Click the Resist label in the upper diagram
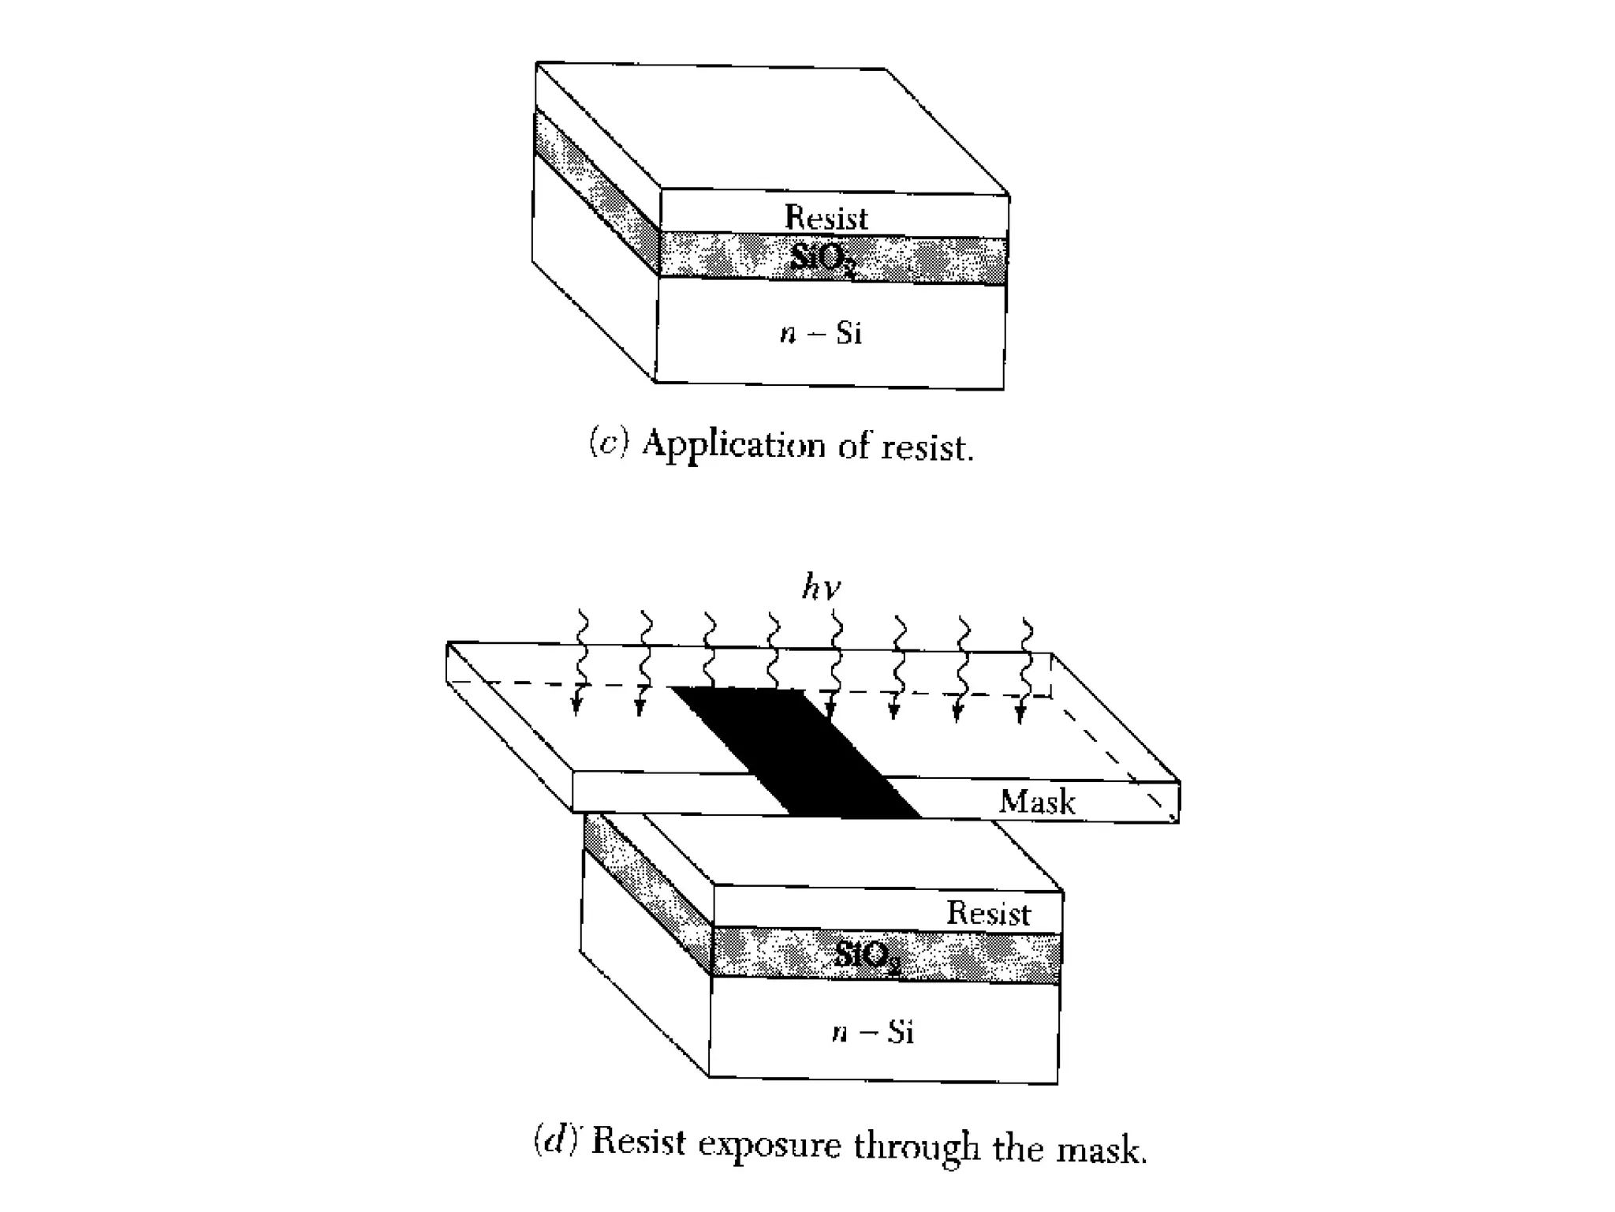point(826,218)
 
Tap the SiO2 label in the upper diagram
point(822,258)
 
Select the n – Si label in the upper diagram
point(821,333)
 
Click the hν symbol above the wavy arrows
point(821,588)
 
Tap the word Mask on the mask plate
point(1037,802)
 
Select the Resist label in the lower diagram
point(988,913)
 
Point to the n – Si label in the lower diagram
point(873,1032)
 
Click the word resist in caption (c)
point(927,447)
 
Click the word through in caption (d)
point(916,1147)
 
